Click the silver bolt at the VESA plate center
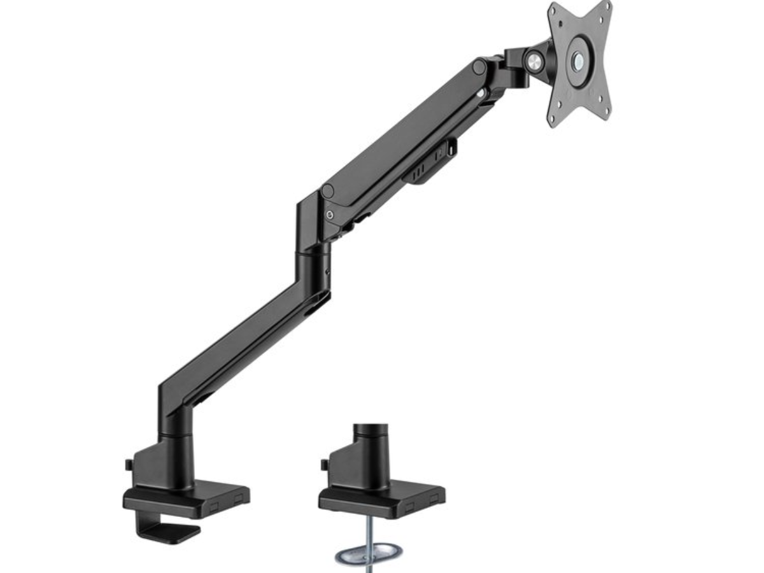(x=577, y=62)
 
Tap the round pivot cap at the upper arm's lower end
(x=329, y=190)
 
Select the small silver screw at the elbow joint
(x=329, y=215)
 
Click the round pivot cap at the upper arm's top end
(x=479, y=66)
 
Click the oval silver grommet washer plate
(x=365, y=553)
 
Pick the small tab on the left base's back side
(x=129, y=465)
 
